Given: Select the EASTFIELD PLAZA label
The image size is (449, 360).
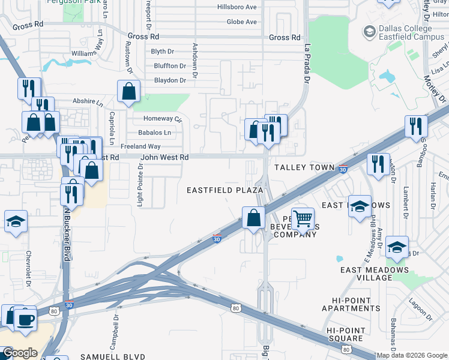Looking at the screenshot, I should pos(224,190).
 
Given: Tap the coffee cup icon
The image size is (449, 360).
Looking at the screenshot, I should pos(25,318).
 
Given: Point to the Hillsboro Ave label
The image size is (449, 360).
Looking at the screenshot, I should pos(237,7).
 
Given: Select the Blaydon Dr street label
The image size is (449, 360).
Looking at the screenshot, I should pos(170,80).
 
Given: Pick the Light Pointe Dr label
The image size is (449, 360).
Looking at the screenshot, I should pos(140,186).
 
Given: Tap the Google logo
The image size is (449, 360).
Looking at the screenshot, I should pos(20,353).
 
